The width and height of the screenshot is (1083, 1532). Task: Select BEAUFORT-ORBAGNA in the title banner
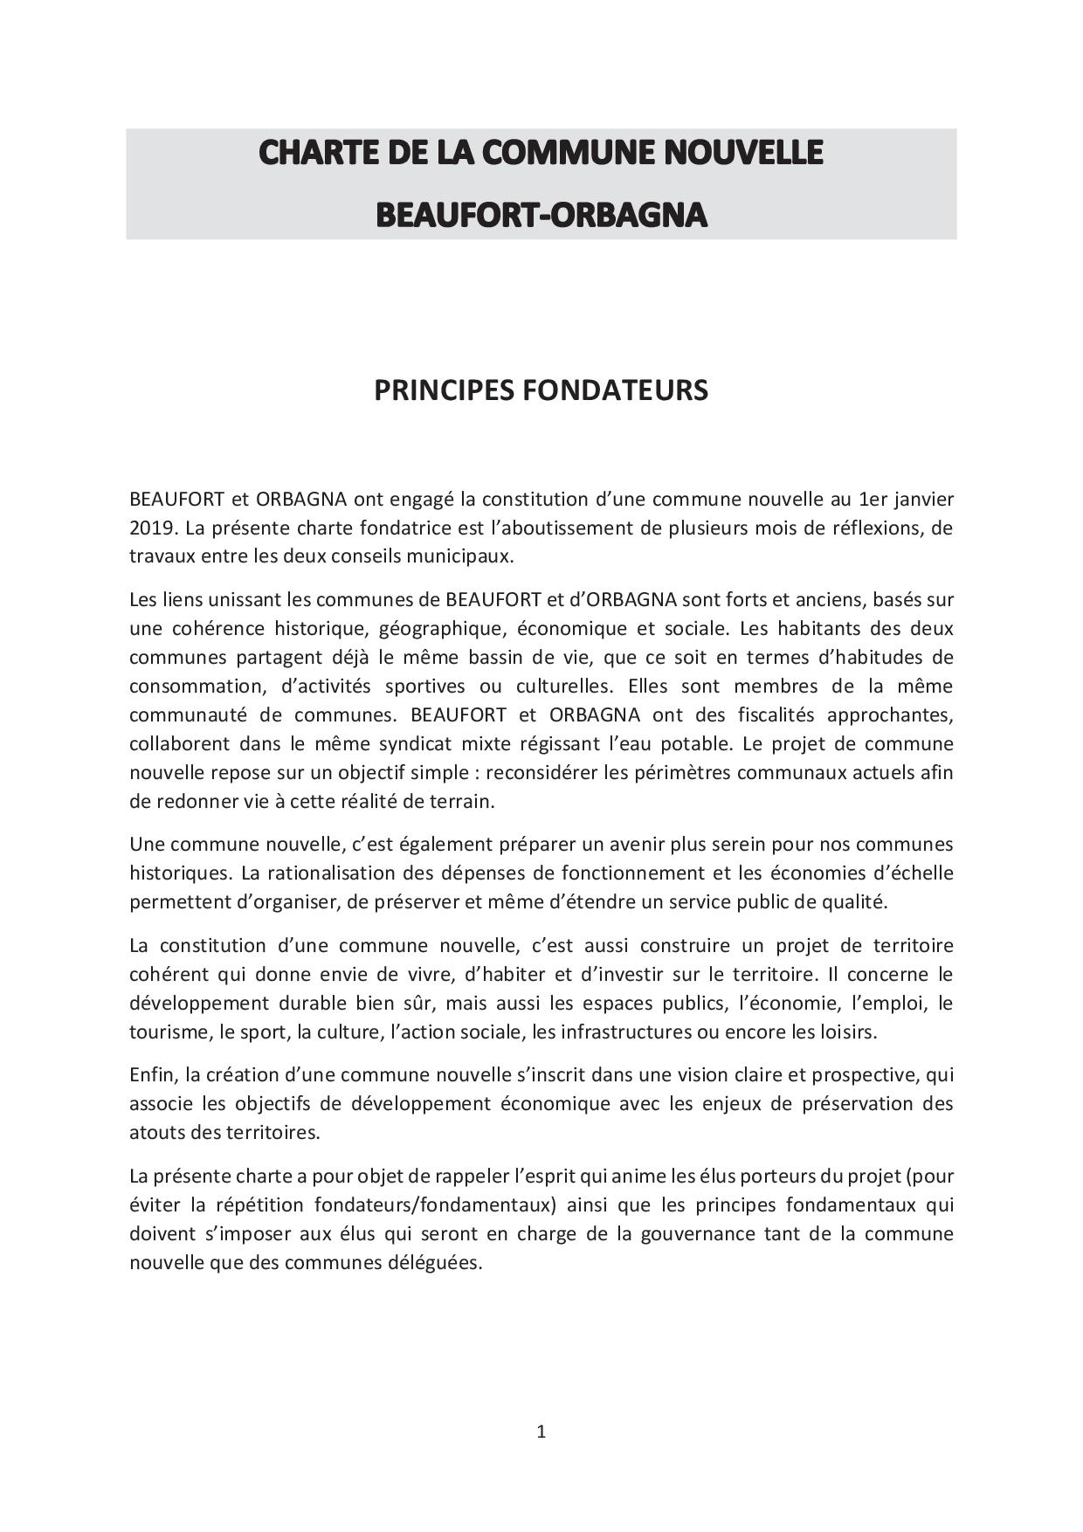[541, 215]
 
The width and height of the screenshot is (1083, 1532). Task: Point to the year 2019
[152, 528]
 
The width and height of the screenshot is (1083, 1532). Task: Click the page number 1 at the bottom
[541, 1432]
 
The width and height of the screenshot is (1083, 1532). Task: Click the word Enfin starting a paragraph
[152, 1075]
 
